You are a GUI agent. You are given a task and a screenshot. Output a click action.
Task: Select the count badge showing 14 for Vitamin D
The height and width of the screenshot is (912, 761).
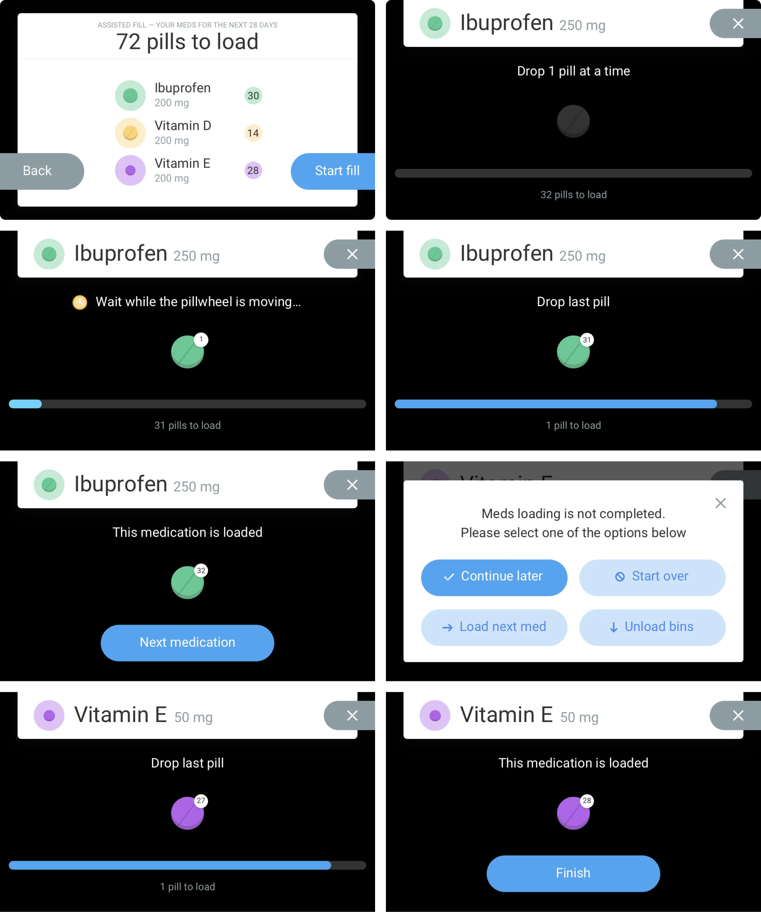pyautogui.click(x=253, y=133)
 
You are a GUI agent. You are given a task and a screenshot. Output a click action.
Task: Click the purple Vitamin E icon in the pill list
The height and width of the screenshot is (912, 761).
pyautogui.click(x=130, y=170)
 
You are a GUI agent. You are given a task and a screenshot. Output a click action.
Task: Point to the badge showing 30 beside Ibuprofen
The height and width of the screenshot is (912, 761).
pyautogui.click(x=253, y=95)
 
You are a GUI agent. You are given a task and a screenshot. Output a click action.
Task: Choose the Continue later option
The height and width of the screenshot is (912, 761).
pyautogui.click(x=494, y=578)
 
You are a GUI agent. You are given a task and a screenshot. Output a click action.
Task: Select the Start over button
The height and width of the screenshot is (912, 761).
pyautogui.click(x=652, y=578)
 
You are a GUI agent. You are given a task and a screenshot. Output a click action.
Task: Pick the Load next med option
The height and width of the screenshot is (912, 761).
pyautogui.click(x=494, y=627)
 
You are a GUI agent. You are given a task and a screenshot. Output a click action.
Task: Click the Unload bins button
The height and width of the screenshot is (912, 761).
pyautogui.click(x=652, y=627)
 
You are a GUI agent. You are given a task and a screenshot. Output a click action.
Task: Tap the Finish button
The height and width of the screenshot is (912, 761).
pyautogui.click(x=573, y=873)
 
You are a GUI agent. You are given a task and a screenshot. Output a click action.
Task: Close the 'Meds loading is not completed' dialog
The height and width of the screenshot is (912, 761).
pyautogui.click(x=721, y=503)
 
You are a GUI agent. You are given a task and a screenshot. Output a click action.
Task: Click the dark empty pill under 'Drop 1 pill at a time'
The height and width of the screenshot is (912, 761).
pyautogui.click(x=573, y=121)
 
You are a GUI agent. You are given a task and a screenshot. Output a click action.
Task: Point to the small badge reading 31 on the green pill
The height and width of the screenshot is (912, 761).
pyautogui.click(x=587, y=339)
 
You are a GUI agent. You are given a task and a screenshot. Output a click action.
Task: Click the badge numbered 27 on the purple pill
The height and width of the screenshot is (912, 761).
pyautogui.click(x=201, y=801)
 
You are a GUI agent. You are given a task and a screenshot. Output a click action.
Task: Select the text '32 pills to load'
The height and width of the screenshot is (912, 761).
pyautogui.click(x=573, y=195)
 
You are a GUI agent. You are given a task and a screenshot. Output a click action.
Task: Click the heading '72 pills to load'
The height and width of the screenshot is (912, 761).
pyautogui.click(x=187, y=42)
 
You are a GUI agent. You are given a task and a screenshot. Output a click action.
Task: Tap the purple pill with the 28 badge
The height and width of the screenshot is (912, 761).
pyautogui.click(x=573, y=813)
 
